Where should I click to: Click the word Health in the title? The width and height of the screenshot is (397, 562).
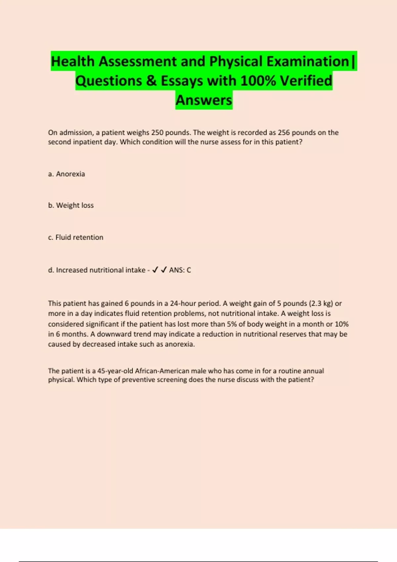point(72,61)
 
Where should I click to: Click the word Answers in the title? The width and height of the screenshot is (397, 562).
point(204,100)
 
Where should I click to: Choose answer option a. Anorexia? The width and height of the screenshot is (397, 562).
point(66,174)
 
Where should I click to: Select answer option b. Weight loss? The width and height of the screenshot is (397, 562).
point(71,205)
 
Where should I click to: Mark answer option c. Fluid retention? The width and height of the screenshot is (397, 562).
point(75,237)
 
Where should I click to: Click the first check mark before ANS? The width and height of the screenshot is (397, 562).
point(155,270)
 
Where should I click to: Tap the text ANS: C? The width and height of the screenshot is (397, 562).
point(180,270)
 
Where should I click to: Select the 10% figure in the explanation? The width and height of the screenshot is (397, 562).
point(342,324)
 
